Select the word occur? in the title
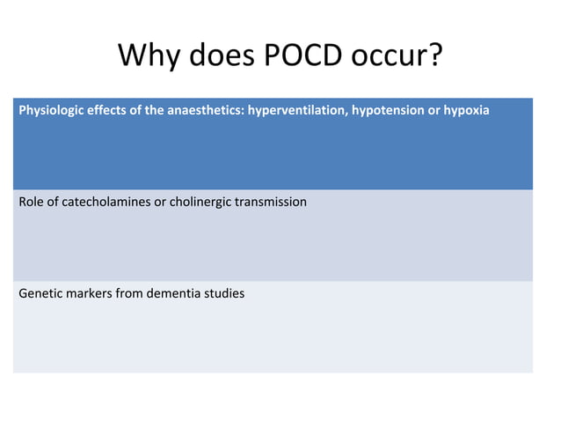pyautogui.click(x=396, y=56)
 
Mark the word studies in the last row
pyautogui.click(x=223, y=292)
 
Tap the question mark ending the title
pyautogui.click(x=433, y=56)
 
